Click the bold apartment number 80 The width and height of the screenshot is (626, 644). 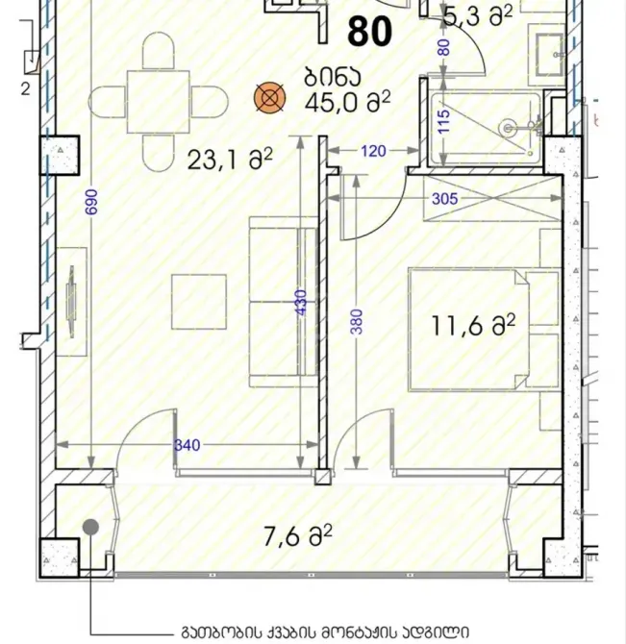[369, 32]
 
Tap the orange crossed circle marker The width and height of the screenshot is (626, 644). [269, 98]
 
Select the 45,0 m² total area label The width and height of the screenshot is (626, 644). [347, 102]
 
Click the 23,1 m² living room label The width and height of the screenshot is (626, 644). [230, 160]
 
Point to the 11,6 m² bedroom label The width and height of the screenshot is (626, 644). [473, 326]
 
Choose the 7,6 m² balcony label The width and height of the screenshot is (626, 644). [298, 536]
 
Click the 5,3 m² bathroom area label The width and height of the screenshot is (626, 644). [478, 17]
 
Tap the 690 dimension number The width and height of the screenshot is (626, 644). [92, 202]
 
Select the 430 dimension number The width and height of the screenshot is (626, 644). [301, 303]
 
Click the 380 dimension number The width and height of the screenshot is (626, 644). [358, 322]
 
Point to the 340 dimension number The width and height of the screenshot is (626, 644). [188, 445]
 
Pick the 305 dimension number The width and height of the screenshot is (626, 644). [444, 199]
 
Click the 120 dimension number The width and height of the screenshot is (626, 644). [373, 151]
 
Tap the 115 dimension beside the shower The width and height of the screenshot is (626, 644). [443, 121]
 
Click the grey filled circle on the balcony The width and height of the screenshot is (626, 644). [90, 527]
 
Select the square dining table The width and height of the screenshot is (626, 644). [158, 102]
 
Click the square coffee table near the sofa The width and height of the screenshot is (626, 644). [199, 302]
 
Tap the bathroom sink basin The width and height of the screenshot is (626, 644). [549, 55]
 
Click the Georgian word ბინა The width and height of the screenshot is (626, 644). [333, 77]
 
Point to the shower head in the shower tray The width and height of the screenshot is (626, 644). [508, 129]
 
